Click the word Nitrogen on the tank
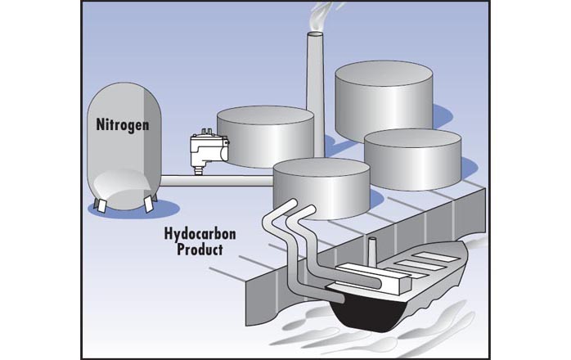click(123, 125)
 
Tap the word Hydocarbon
click(200, 234)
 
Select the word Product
click(200, 250)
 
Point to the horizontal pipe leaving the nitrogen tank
click(217, 181)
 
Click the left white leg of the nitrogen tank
click(100, 206)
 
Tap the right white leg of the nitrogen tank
click(148, 204)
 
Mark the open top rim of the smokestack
click(316, 34)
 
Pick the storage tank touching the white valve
click(266, 137)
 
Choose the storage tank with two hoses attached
click(321, 189)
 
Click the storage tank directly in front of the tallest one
click(413, 160)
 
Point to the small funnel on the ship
click(372, 250)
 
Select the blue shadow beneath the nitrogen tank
click(134, 210)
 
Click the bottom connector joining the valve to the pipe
click(199, 170)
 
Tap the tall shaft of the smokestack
click(316, 96)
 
